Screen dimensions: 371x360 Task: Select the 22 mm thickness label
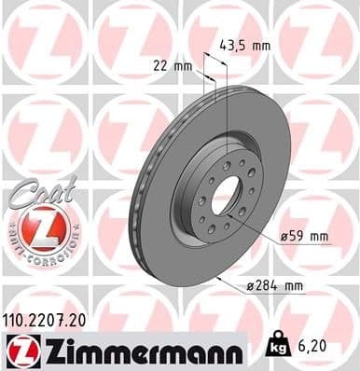point(170,64)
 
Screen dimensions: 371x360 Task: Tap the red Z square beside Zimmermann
point(18,350)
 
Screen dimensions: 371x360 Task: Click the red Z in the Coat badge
point(44,227)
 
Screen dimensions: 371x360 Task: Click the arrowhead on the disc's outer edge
point(216,277)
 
